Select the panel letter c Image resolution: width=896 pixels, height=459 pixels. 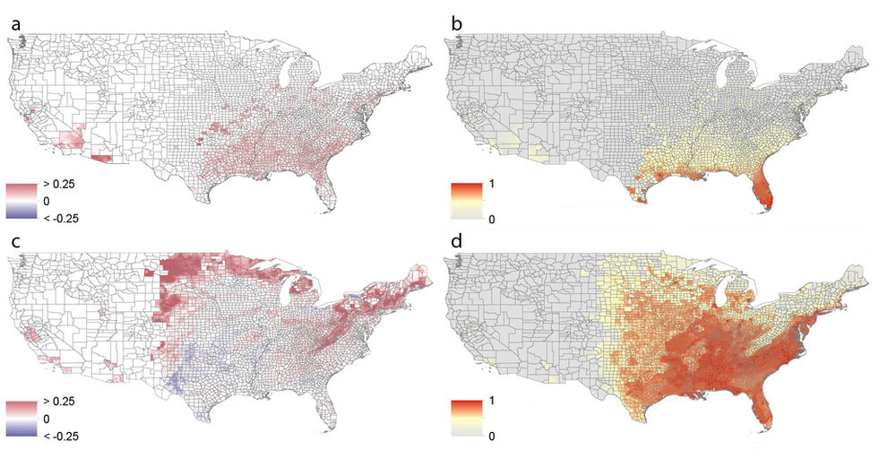15,241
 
